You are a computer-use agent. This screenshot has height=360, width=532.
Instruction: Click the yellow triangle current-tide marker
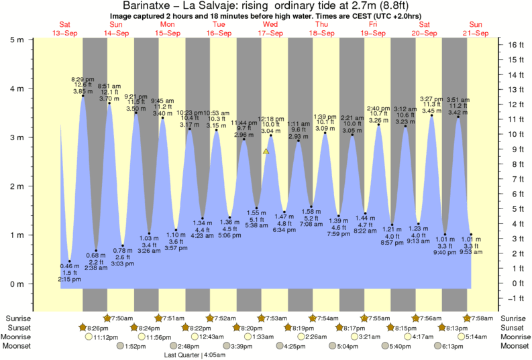(266, 152)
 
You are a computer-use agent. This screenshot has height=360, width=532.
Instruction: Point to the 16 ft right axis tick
(513, 45)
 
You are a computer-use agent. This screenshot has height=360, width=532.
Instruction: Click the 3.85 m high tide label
(82, 91)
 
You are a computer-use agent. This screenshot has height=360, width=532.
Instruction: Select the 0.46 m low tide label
(70, 266)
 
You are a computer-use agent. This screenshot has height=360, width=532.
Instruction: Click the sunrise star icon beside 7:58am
(467, 318)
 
